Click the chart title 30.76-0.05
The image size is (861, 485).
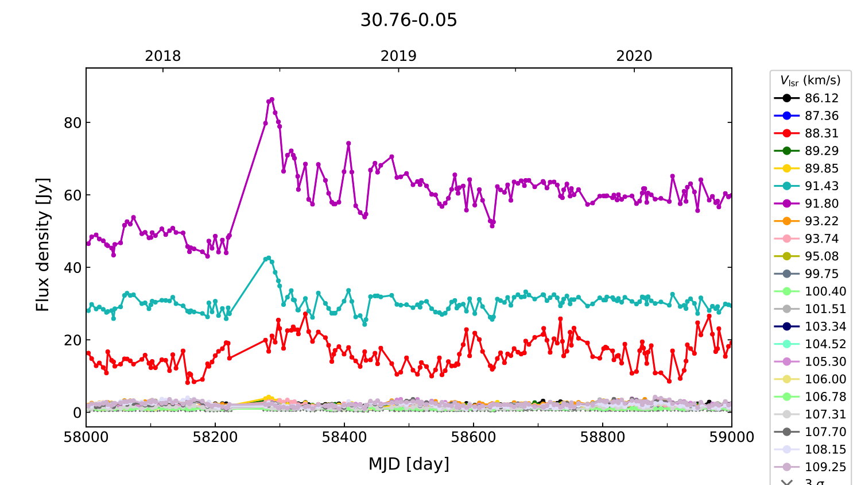pos(409,20)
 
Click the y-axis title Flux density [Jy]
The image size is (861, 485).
pos(43,245)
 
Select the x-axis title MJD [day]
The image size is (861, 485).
pos(409,464)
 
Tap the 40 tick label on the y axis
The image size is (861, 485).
pos(73,268)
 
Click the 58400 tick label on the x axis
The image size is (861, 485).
pos(344,437)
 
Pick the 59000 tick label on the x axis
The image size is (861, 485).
pos(731,437)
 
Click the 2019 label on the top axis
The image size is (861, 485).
pos(398,56)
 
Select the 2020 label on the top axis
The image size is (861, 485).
pos(634,56)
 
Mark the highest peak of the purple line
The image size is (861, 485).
pos(272,99)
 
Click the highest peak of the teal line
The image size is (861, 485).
pos(269,258)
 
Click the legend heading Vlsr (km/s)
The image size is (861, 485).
pos(810,80)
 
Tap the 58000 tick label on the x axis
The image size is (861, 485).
pos(86,437)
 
